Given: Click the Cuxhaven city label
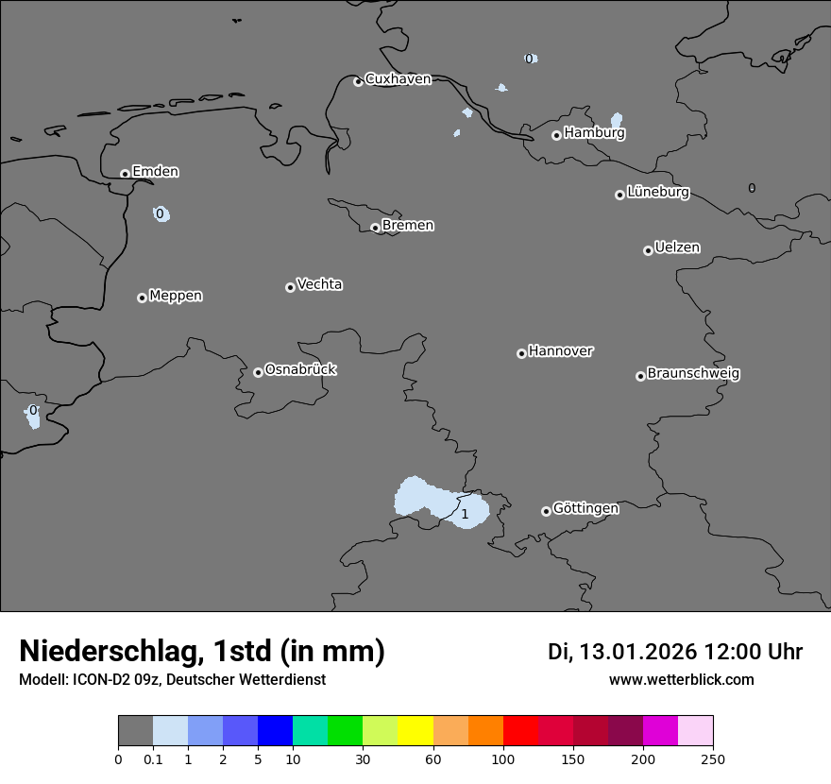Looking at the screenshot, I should (x=398, y=79).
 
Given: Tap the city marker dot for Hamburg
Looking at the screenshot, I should (x=556, y=135).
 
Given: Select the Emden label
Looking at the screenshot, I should (x=155, y=172).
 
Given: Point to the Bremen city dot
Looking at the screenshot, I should (x=375, y=228).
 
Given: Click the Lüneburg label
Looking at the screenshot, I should (x=657, y=193).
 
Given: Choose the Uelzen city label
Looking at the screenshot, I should (x=677, y=248).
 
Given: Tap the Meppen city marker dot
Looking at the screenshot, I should (x=142, y=298).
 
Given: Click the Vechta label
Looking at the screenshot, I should (x=319, y=285).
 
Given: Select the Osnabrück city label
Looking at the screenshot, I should (x=300, y=370).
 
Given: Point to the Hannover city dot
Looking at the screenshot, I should (x=521, y=353).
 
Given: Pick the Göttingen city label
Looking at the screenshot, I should (x=585, y=509).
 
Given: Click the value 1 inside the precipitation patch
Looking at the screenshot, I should (x=465, y=515).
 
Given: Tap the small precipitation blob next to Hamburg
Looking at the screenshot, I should (x=617, y=120).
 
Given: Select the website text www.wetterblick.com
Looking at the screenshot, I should (x=681, y=680).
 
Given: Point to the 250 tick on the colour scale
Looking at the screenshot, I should (x=713, y=758).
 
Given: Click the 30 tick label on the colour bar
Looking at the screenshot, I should (x=363, y=758).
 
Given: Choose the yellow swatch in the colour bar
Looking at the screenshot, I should (x=415, y=731).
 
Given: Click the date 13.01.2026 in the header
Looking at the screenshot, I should (x=637, y=652).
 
